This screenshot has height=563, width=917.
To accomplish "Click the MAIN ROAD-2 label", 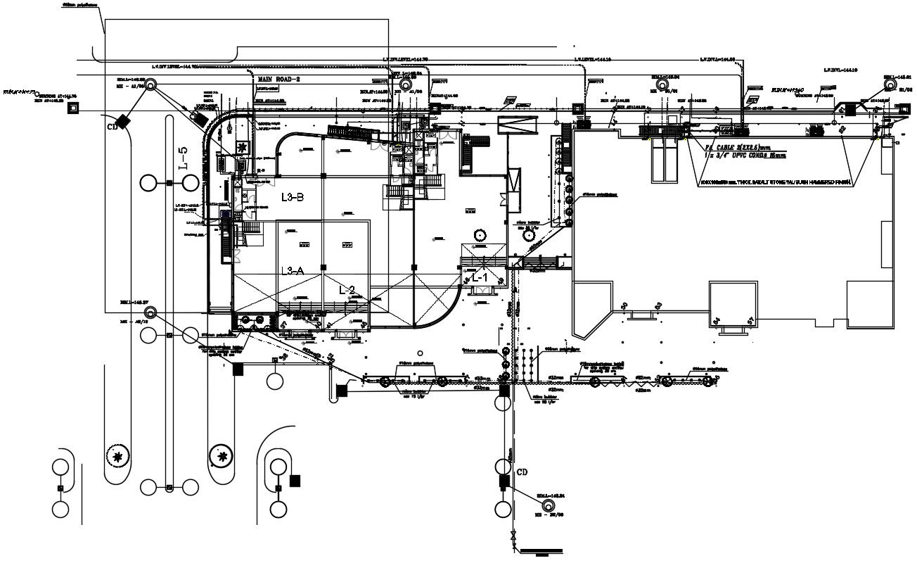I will (x=278, y=80).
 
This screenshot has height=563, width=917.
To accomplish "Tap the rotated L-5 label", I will (x=183, y=159).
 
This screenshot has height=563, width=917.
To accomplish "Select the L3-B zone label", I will (x=293, y=197).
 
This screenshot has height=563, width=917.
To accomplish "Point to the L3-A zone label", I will (x=293, y=271).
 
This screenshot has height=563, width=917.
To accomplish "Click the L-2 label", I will (x=347, y=289).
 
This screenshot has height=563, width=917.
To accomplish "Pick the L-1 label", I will (x=480, y=279).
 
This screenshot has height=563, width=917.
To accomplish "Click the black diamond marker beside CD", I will (x=124, y=121).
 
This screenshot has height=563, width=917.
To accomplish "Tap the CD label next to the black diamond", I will (x=111, y=128).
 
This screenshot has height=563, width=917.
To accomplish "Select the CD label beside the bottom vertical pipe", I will (x=522, y=472).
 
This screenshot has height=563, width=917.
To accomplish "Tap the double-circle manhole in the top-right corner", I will (x=890, y=84).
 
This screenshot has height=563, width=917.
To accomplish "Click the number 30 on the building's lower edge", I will (x=624, y=305).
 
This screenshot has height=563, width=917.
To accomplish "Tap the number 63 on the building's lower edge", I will (x=658, y=305).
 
